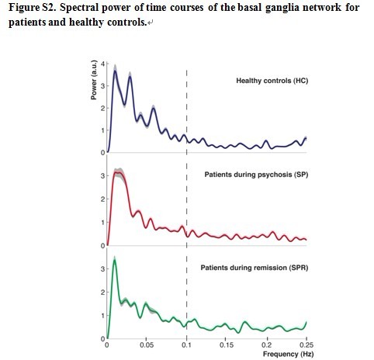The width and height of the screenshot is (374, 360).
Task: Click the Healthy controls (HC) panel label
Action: pyautogui.click(x=272, y=81)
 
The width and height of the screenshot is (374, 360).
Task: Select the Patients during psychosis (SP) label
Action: pyautogui.click(x=256, y=175)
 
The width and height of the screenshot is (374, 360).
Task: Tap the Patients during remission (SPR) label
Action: pyautogui.click(x=255, y=268)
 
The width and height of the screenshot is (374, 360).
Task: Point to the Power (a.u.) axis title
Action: pyautogui.click(x=94, y=80)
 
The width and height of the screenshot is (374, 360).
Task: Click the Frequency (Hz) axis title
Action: pyautogui.click(x=288, y=354)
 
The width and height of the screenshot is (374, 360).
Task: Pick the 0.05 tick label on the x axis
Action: pyautogui.click(x=147, y=345)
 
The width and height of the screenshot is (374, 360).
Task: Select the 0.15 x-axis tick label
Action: pyautogui.click(x=226, y=345)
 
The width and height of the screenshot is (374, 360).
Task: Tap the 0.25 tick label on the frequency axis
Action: pyautogui.click(x=306, y=345)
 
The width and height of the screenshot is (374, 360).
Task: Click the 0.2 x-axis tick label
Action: pyautogui.click(x=266, y=345)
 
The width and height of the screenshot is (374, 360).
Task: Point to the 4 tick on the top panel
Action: pyautogui.click(x=103, y=64)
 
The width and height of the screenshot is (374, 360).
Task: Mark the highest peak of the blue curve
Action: pyautogui.click(x=115, y=71)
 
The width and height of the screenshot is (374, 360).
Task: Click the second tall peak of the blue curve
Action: pyautogui.click(x=130, y=77)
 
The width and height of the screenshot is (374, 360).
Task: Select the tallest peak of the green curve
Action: pyautogui.click(x=115, y=260)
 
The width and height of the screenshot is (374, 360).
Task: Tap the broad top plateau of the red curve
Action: pyautogui.click(x=119, y=173)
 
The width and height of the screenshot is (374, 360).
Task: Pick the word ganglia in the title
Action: pyautogui.click(x=281, y=8)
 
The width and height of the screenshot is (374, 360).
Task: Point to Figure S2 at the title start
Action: pyautogui.click(x=33, y=7)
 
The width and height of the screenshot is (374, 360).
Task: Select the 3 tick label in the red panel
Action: pyautogui.click(x=103, y=176)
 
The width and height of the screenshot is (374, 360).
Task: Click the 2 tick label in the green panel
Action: pyautogui.click(x=103, y=292)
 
